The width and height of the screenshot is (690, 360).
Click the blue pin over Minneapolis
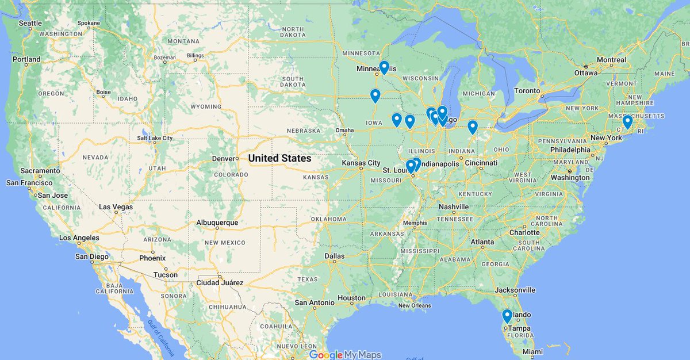[x=384, y=67]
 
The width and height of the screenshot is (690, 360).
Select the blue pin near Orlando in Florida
[x=507, y=316]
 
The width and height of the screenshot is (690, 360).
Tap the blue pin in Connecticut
[x=627, y=122]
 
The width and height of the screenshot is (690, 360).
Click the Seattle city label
[x=30, y=23]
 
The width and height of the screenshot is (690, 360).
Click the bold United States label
[x=279, y=158]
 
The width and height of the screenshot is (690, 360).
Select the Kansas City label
[x=361, y=163]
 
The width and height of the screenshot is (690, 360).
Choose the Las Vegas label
[x=116, y=207]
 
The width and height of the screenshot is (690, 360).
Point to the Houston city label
[x=351, y=298]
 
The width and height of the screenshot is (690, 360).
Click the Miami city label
[x=532, y=351]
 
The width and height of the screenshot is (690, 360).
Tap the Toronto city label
[x=527, y=91]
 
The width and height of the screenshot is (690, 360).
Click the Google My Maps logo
[x=345, y=355]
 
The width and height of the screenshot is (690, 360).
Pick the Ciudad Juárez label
[x=221, y=282]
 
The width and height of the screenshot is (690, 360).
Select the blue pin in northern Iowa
[x=375, y=95]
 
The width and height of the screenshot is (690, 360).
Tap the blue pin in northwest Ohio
[x=473, y=127]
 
